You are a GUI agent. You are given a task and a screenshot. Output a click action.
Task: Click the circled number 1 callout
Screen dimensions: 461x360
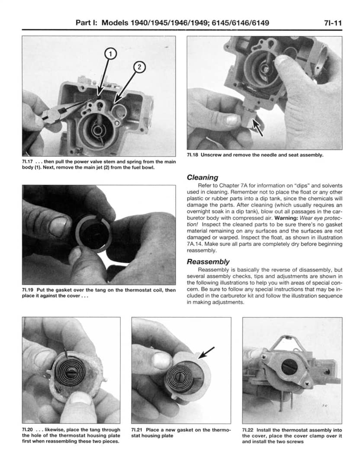pyautogui.click(x=110, y=54)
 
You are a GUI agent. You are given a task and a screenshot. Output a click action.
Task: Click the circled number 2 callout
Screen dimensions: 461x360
pyautogui.click(x=140, y=68)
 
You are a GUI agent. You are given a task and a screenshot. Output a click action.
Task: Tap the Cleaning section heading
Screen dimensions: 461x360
pyautogui.click(x=202, y=177)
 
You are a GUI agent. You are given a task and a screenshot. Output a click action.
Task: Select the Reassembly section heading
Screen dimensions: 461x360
pyautogui.click(x=208, y=261)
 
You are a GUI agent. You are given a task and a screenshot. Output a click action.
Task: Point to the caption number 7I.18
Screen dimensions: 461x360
pyautogui.click(x=193, y=155)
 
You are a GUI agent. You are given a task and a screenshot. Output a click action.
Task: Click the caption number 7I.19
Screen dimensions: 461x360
pyautogui.click(x=28, y=290)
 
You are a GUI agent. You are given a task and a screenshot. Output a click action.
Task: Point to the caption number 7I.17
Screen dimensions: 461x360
pyautogui.click(x=28, y=162)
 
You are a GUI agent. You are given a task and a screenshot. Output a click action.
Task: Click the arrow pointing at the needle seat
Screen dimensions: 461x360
pyautogui.click(x=258, y=129)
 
